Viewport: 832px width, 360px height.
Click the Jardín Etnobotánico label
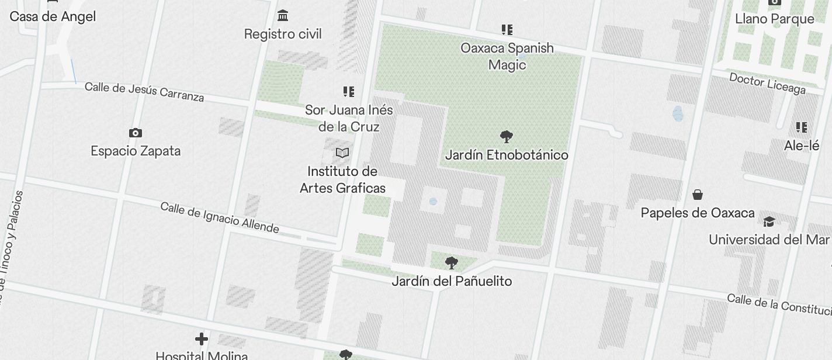pyautogui.click(x=507, y=155)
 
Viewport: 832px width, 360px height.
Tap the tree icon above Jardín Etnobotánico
pyautogui.click(x=507, y=137)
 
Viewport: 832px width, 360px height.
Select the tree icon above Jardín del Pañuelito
pyautogui.click(x=451, y=262)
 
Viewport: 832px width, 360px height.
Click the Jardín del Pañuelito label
pyautogui.click(x=452, y=281)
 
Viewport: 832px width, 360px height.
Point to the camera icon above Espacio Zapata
pyautogui.click(x=136, y=133)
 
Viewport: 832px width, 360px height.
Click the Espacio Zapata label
pyautogui.click(x=136, y=151)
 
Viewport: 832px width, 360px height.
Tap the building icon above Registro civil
pyautogui.click(x=283, y=15)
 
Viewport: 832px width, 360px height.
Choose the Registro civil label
pyautogui.click(x=283, y=34)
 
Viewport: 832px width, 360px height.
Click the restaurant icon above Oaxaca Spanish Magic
pyautogui.click(x=507, y=29)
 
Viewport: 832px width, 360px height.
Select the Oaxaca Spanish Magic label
pyautogui.click(x=507, y=56)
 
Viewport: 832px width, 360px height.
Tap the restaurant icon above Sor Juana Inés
pyautogui.click(x=349, y=92)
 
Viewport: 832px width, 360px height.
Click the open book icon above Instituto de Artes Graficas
pyautogui.click(x=342, y=153)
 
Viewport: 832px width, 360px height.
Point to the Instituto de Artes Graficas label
pyautogui.click(x=342, y=179)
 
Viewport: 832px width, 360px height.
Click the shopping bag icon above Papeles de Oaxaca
pyautogui.click(x=698, y=195)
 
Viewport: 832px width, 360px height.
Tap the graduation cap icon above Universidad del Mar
pyautogui.click(x=769, y=221)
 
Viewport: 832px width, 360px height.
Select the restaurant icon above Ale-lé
pyautogui.click(x=802, y=127)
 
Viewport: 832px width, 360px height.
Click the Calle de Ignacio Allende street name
pyautogui.click(x=220, y=217)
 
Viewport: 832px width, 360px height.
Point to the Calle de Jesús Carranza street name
pyautogui.click(x=144, y=91)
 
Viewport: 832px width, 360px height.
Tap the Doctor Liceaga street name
pyautogui.click(x=768, y=83)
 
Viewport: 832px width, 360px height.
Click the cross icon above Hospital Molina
pyautogui.click(x=202, y=339)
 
